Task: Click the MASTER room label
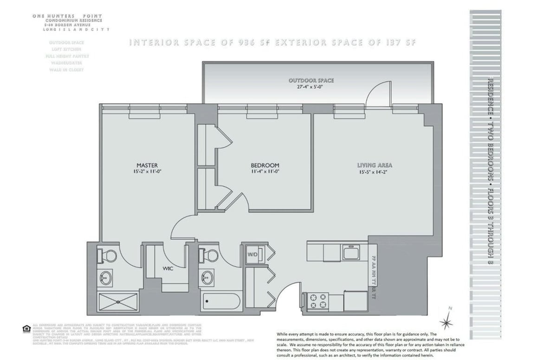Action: pos(147,165)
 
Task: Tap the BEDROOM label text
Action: pos(265,165)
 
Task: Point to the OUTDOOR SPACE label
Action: pos(311,80)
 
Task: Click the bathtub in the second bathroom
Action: pos(221,303)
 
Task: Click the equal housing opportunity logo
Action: pos(26,329)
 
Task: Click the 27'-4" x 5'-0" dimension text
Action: pos(311,87)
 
